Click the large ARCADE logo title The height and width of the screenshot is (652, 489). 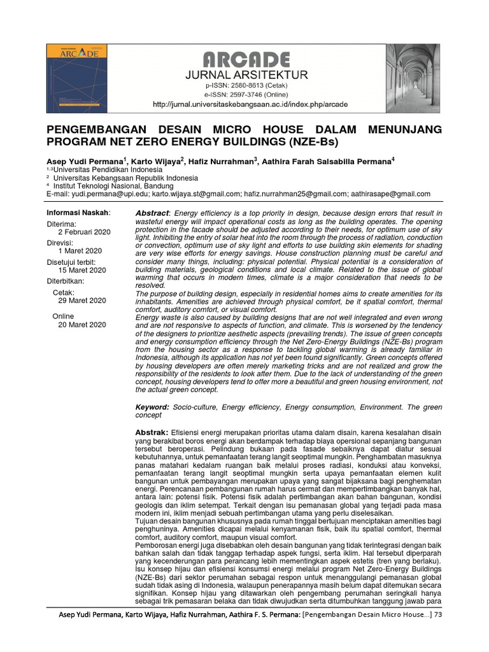point(246,60)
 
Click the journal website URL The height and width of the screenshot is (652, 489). point(250,104)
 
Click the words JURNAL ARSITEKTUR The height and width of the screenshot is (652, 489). point(246,74)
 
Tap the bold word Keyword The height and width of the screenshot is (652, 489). point(152,406)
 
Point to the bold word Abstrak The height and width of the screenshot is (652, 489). point(152,433)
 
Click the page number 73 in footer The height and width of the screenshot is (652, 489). point(437,614)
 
